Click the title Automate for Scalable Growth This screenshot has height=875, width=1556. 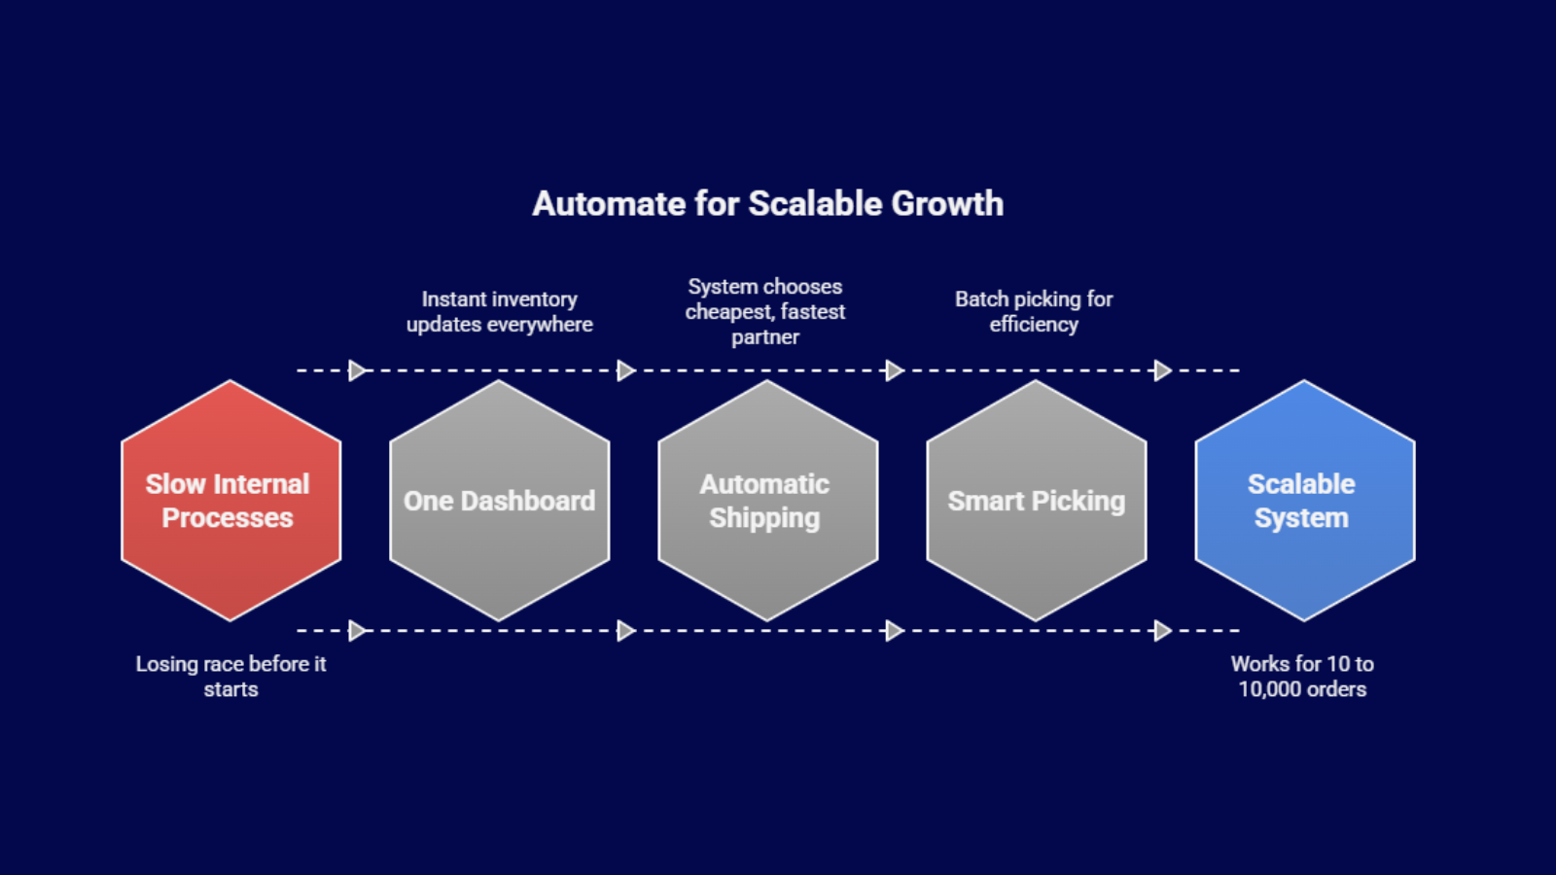[767, 204]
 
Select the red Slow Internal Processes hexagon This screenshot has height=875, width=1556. [230, 500]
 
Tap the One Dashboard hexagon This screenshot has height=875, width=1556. [500, 500]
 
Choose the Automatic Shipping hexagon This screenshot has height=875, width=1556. [767, 500]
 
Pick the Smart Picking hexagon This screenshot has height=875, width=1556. [1036, 500]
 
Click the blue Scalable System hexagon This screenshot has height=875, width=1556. [1304, 500]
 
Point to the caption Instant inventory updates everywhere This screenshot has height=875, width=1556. [500, 312]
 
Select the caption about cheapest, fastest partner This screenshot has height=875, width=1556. [765, 312]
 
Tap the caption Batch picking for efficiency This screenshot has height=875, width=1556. [1034, 312]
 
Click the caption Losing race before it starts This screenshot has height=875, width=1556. [230, 677]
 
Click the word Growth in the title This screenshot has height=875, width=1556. [947, 204]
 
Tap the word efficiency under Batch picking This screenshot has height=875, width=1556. [1034, 325]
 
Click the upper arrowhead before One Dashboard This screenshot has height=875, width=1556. [358, 370]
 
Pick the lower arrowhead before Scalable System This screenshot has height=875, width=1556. [1163, 631]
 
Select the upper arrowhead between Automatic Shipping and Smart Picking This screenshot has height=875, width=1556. [895, 370]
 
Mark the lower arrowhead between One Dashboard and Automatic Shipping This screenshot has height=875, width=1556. [626, 631]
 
